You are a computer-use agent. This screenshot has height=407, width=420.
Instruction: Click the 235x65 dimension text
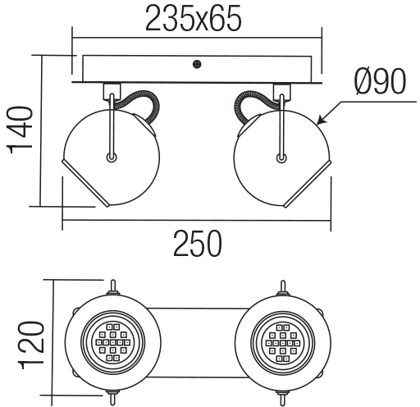[x=194, y=18]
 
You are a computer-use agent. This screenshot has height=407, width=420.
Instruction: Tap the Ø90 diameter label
[x=380, y=81]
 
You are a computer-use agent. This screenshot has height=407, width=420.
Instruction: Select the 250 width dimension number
[x=198, y=244]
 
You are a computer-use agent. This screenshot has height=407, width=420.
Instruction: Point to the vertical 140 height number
[x=21, y=130]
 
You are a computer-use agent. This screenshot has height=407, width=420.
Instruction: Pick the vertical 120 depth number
[x=31, y=345]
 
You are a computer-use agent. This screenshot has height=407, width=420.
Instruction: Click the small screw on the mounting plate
[x=197, y=64]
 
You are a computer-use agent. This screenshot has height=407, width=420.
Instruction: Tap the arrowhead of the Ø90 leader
[x=322, y=121]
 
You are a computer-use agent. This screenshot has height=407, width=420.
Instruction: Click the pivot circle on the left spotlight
[x=112, y=158]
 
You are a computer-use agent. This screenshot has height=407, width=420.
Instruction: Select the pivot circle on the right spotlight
[x=281, y=158]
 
